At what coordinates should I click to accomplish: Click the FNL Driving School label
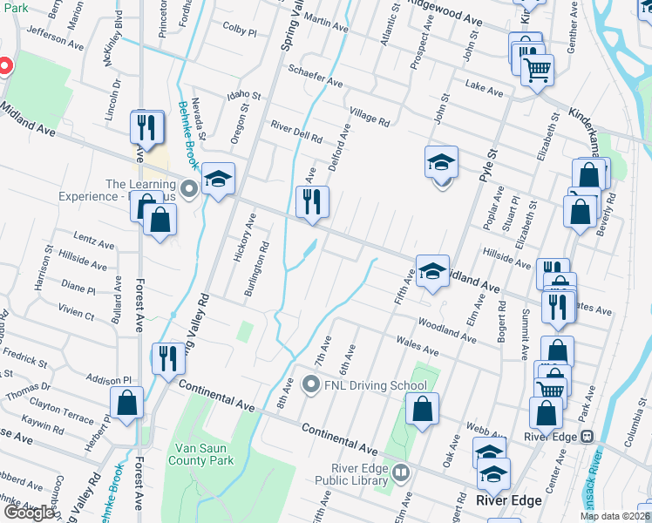click(376, 385)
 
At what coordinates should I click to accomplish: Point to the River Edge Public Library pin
click(400, 474)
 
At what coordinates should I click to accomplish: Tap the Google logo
click(29, 513)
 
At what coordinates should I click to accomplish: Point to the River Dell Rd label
click(296, 132)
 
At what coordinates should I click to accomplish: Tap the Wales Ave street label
click(416, 344)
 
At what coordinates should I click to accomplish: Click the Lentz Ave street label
click(95, 241)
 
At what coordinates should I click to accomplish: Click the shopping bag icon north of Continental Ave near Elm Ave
click(423, 410)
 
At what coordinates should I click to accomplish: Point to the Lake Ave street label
click(484, 88)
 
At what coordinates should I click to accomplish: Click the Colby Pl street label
click(240, 31)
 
